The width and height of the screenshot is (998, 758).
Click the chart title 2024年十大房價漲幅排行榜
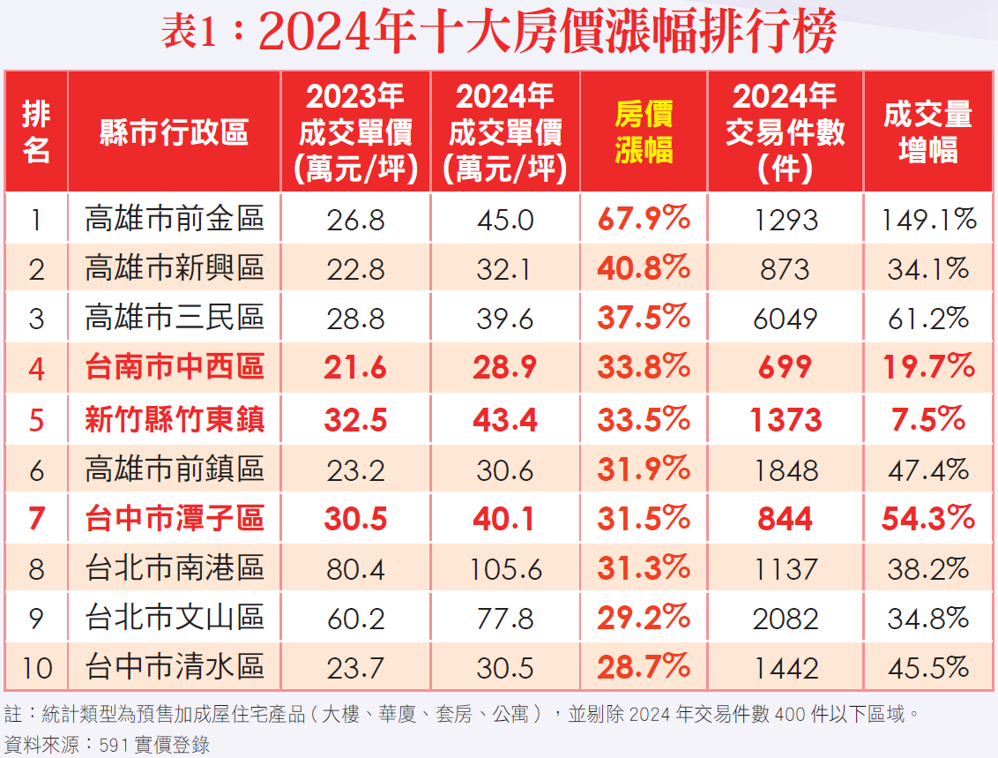tap(499, 34)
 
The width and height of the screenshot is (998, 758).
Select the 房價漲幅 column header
tap(644, 131)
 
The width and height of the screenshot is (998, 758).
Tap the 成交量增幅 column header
tap(928, 131)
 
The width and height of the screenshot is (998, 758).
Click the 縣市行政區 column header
tap(174, 132)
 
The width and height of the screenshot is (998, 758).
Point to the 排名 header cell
tap(36, 131)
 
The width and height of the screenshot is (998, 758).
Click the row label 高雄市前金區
tap(175, 219)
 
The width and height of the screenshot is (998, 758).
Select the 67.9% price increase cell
tap(644, 219)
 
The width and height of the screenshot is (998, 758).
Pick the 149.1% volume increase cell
tap(929, 219)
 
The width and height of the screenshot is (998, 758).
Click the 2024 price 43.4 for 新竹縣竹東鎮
tap(504, 420)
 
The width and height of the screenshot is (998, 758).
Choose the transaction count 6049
tap(785, 319)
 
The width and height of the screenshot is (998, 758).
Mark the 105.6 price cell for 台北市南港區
tap(504, 569)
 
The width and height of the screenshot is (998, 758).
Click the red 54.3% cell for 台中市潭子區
tap(928, 519)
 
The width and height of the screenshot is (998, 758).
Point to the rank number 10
tap(36, 668)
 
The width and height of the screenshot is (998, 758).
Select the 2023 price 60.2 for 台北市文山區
tap(355, 619)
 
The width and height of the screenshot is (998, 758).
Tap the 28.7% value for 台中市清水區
tap(644, 667)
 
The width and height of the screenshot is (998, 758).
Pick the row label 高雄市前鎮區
tap(175, 469)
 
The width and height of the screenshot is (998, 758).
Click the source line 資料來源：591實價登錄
tap(108, 744)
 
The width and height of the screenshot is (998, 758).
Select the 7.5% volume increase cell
tap(928, 420)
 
